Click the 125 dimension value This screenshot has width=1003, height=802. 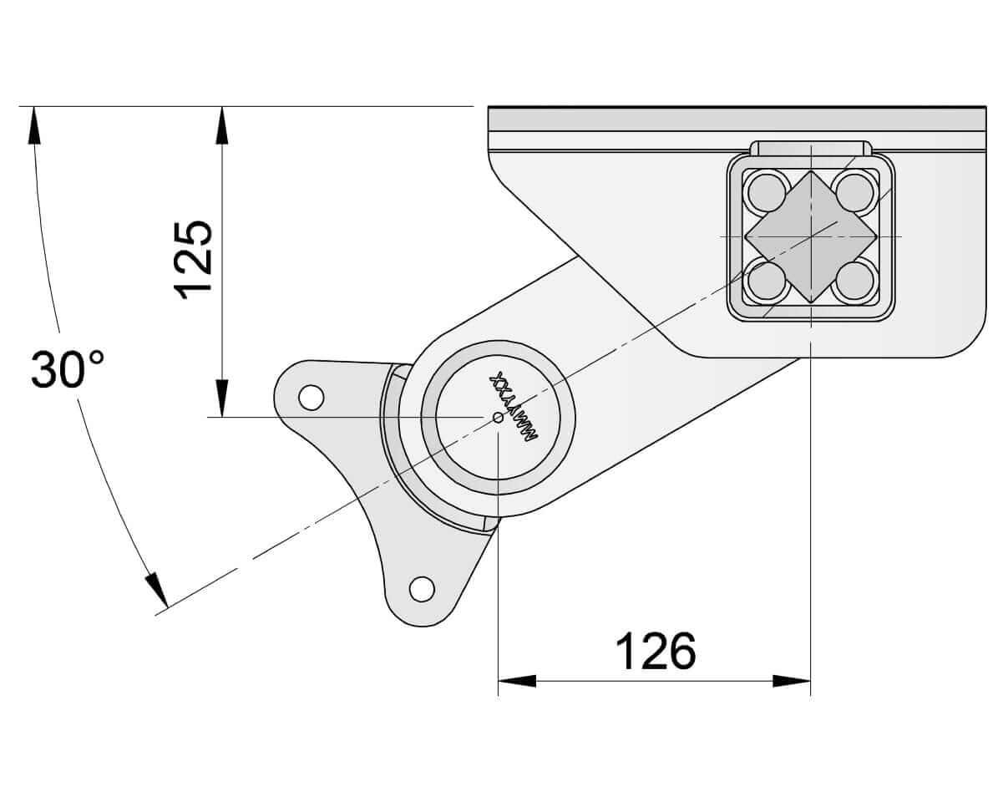194,259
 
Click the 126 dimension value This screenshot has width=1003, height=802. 656,652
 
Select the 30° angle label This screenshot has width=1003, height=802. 68,370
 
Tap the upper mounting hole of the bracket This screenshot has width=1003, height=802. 311,398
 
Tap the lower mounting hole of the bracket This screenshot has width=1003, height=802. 422,589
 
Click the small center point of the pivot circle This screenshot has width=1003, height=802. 498,417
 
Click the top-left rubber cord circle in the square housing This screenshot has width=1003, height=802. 766,192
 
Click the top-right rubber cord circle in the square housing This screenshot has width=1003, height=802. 854,192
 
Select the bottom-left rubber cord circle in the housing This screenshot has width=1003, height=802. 766,281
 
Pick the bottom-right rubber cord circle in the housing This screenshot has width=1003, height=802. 854,281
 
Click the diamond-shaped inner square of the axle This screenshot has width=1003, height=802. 810,236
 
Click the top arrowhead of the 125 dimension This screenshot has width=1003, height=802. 221,124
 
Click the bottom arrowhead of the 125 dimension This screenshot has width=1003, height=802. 221,398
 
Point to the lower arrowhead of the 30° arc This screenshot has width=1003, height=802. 157,590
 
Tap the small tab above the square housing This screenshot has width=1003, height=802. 811,148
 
